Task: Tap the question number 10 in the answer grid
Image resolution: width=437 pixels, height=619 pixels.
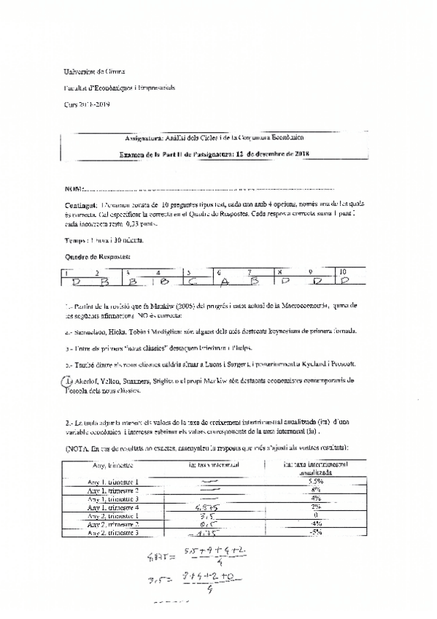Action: pos(343,272)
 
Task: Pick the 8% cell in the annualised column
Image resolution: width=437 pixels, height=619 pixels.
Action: pos(315,490)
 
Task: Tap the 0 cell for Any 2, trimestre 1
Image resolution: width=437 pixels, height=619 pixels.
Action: pos(315,515)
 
